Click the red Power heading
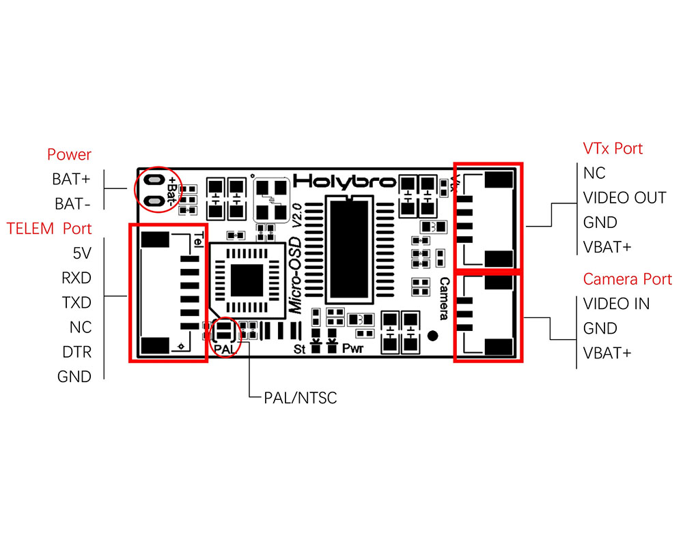(x=69, y=155)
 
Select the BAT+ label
(x=71, y=179)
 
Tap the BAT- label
(x=72, y=204)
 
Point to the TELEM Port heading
(x=49, y=228)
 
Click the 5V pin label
(x=81, y=253)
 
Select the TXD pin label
(x=76, y=302)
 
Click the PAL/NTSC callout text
(x=301, y=397)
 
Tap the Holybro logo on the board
(x=344, y=182)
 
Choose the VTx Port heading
(x=613, y=148)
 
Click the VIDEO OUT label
(x=624, y=198)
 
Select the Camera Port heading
(x=627, y=279)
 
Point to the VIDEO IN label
(x=616, y=304)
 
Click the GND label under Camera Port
(x=600, y=328)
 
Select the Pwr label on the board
(x=352, y=349)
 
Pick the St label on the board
(x=299, y=349)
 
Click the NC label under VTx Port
(x=594, y=173)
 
